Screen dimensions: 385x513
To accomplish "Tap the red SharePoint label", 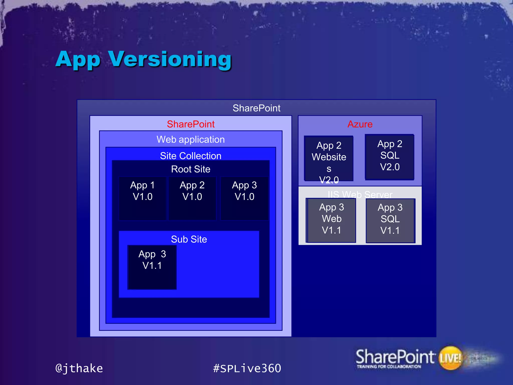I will click(191, 124).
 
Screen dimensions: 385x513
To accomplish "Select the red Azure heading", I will click(360, 124).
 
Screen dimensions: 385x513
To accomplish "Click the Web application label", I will click(191, 139).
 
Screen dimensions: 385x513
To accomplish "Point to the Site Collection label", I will click(191, 156).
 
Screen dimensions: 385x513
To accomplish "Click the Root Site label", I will click(191, 169).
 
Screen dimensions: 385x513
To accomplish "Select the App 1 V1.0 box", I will click(143, 198).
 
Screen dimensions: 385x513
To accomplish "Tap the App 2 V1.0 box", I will click(192, 198).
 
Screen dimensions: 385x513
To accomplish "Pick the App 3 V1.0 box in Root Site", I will click(244, 198).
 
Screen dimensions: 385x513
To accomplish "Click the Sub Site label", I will click(189, 239).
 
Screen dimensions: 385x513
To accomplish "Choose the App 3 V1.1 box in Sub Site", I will click(152, 267).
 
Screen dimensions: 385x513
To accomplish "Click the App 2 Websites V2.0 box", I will click(329, 158).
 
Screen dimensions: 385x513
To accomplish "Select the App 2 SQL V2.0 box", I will click(390, 157).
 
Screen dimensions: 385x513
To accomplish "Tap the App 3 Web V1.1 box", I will click(331, 220).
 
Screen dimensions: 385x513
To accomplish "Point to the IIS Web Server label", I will click(360, 195).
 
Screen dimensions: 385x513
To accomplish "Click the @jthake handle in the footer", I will click(79, 368).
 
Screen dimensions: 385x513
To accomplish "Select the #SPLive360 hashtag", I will click(247, 368).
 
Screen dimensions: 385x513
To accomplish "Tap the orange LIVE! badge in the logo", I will click(450, 358).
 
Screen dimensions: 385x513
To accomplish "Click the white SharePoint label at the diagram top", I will click(256, 108).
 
